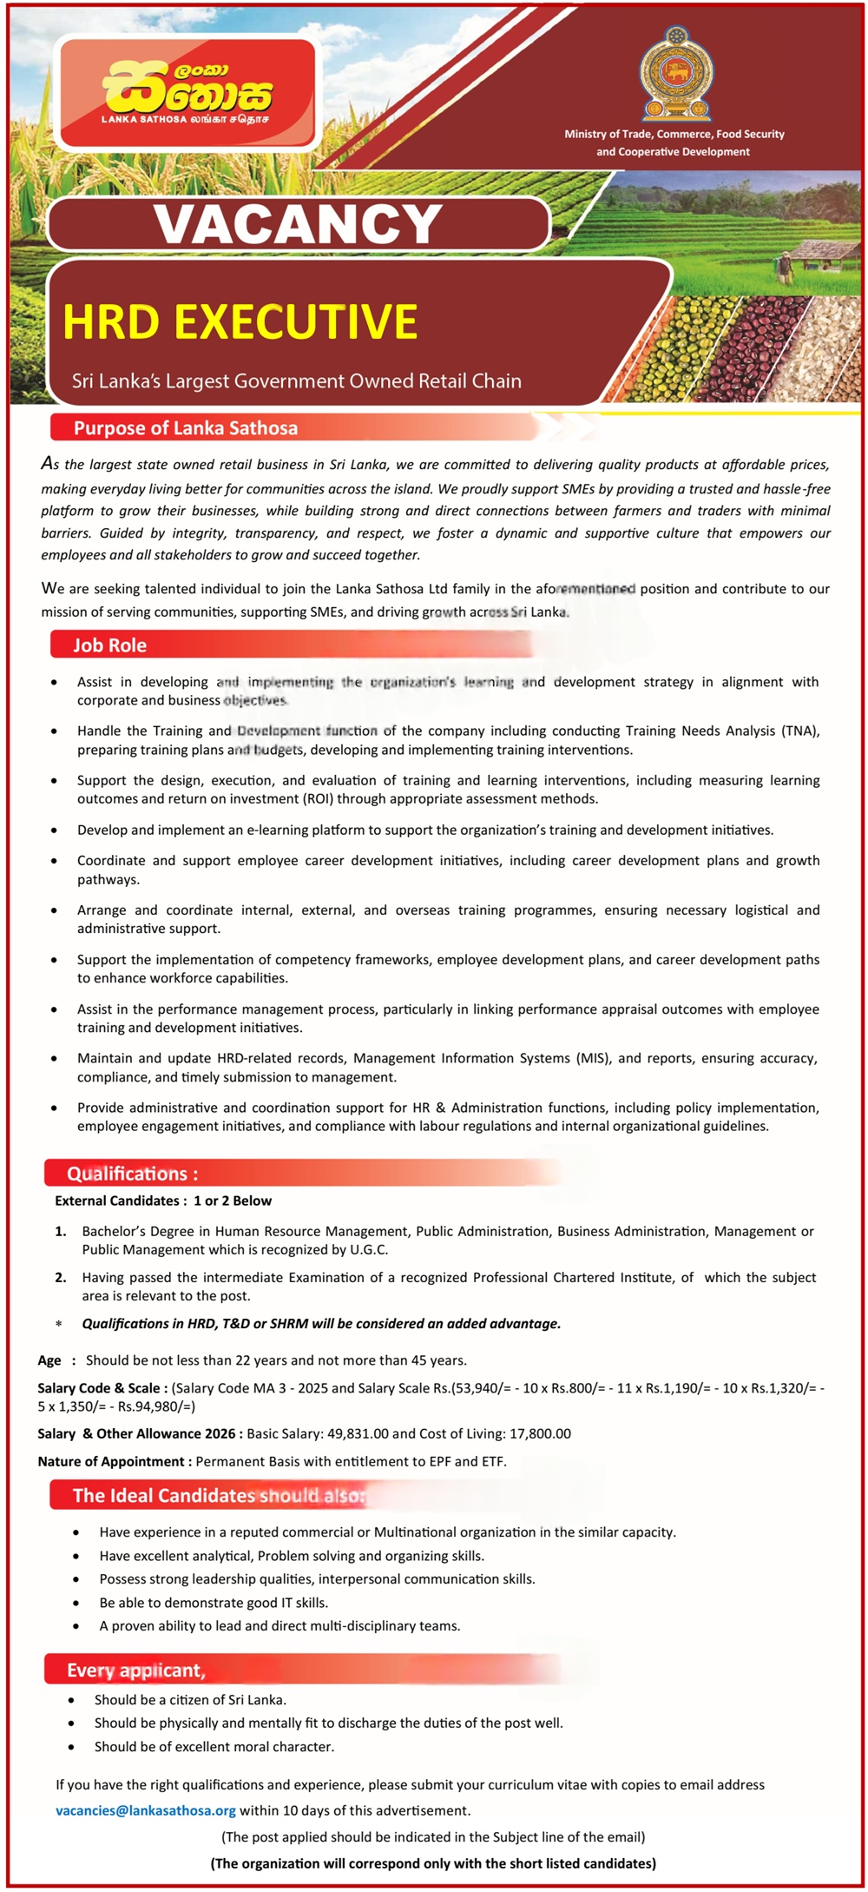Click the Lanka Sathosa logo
(x=187, y=93)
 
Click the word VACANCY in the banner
(x=299, y=224)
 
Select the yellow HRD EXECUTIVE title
(x=240, y=322)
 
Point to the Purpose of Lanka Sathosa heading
(x=186, y=428)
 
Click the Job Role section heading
(x=109, y=645)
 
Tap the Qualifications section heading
(x=132, y=1174)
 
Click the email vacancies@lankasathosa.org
(x=146, y=1810)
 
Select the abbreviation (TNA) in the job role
(x=799, y=731)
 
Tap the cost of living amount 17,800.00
(x=535, y=1433)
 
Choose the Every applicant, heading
(x=136, y=1670)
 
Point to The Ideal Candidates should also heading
(x=219, y=1496)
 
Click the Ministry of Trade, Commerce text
(x=674, y=135)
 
